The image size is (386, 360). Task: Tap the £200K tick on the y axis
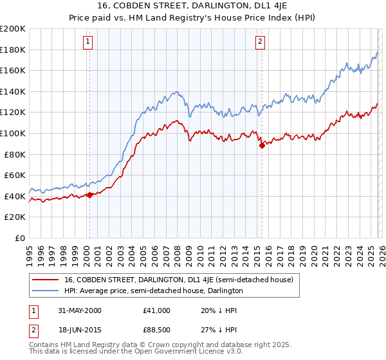coord(13,29)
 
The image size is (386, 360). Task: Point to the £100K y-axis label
coord(13,133)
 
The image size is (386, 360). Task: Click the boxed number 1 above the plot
coord(87,42)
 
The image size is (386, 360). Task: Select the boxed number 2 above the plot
coord(260,42)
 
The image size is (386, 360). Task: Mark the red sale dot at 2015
coord(262,146)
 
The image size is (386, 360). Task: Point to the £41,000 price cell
coord(157,310)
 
